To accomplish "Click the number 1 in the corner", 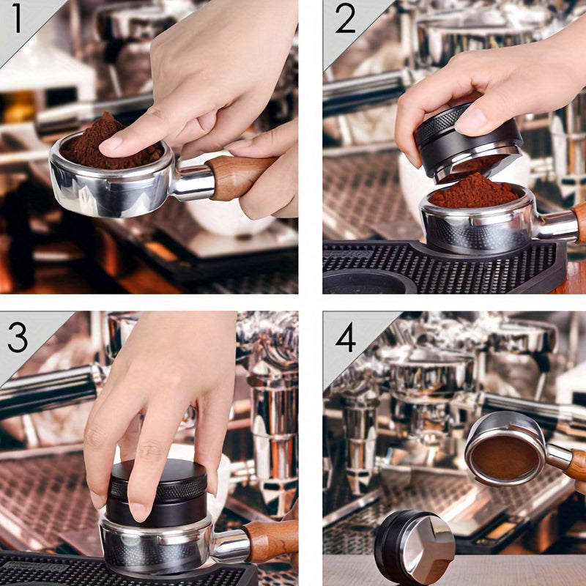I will [x=18, y=20].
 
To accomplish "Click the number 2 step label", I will [x=346, y=20].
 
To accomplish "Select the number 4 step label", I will [x=345, y=338].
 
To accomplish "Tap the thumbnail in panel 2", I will [x=475, y=119].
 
